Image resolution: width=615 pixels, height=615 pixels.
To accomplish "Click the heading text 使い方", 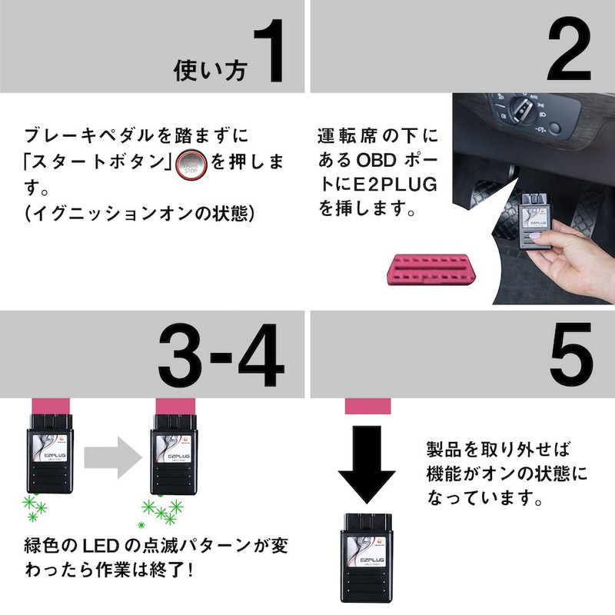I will tap(210, 71).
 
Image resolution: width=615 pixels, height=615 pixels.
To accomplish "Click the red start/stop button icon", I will tap(189, 164).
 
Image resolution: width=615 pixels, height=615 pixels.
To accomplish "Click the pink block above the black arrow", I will tap(371, 405).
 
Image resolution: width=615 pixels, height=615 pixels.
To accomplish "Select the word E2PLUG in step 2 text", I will tap(399, 186).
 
